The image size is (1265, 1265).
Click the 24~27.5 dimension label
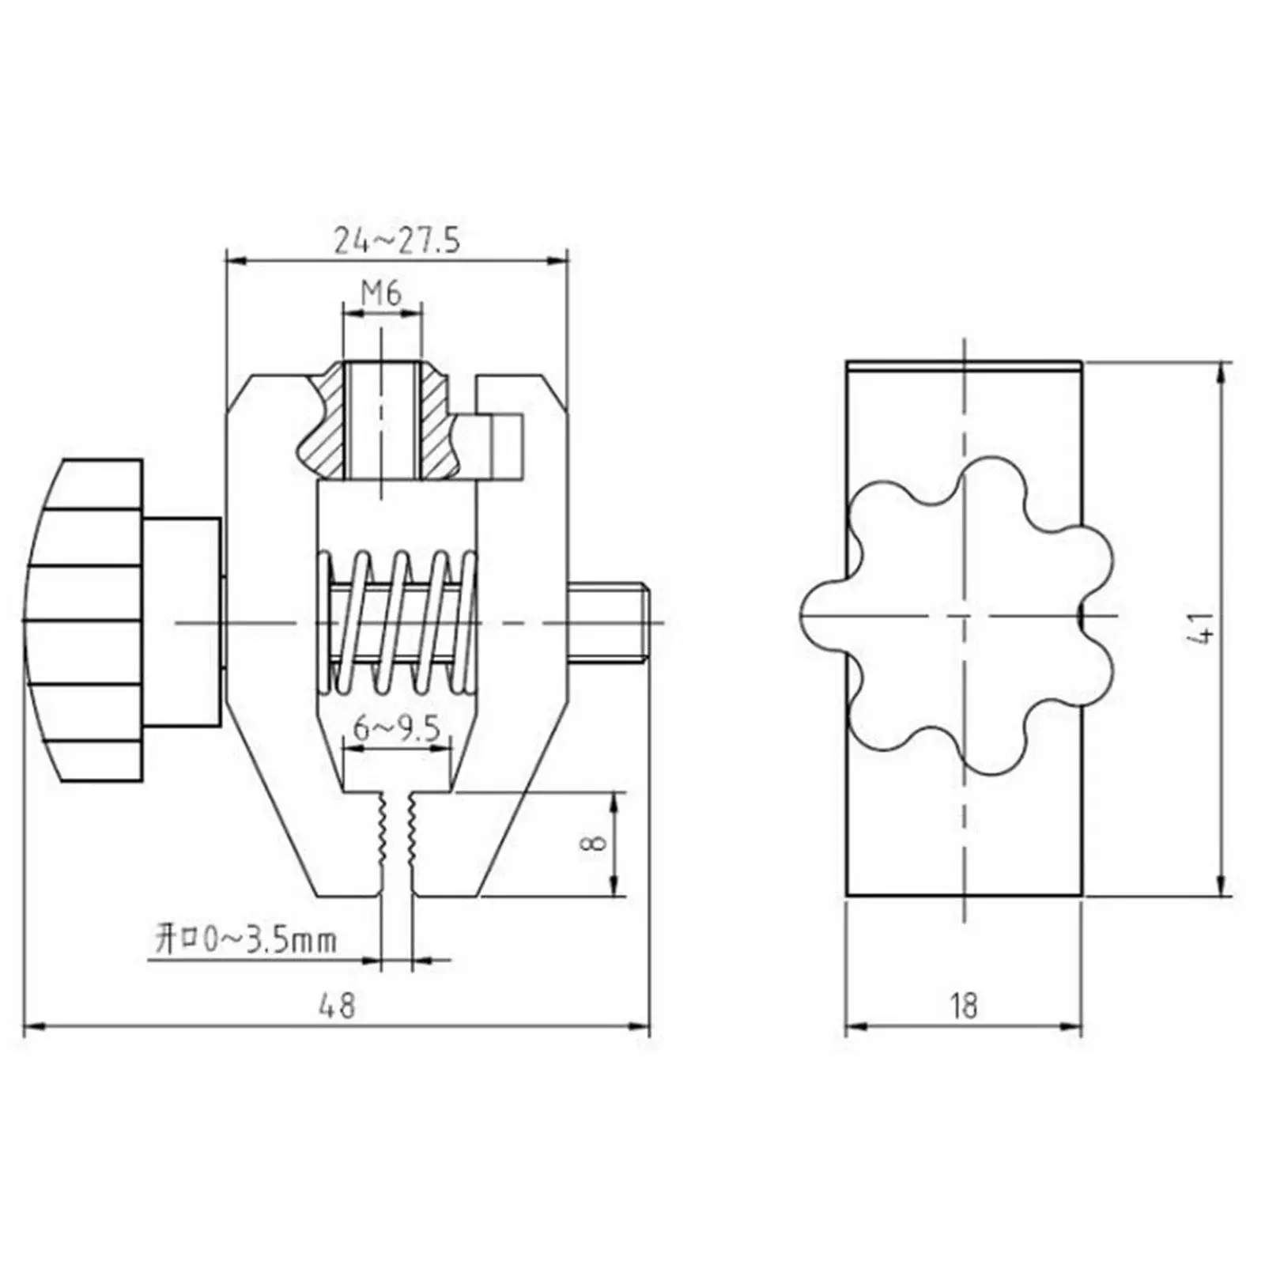click(x=396, y=240)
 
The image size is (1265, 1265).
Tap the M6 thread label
click(x=381, y=293)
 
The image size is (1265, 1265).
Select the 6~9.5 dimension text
click(x=396, y=728)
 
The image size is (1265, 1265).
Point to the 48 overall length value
click(x=337, y=1006)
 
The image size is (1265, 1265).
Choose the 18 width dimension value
click(x=964, y=1006)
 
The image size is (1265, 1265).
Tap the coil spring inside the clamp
click(x=397, y=621)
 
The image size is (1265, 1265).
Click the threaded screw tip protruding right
click(x=609, y=622)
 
